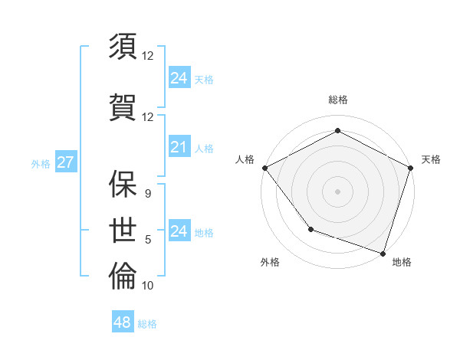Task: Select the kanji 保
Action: point(123,184)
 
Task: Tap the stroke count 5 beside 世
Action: point(148,240)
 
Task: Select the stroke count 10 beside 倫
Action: point(148,286)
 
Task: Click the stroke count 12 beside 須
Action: point(148,56)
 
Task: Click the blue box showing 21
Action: point(179,147)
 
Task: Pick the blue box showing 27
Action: point(65,162)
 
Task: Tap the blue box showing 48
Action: point(122,322)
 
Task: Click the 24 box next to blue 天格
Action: point(179,78)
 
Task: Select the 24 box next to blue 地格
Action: point(179,231)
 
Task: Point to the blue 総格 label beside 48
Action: point(147,324)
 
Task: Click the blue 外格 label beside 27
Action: point(41,164)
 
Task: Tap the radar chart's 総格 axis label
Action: point(337,100)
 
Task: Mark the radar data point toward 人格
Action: point(264,167)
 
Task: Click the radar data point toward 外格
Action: point(310,228)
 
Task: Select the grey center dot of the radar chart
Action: point(337,191)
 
